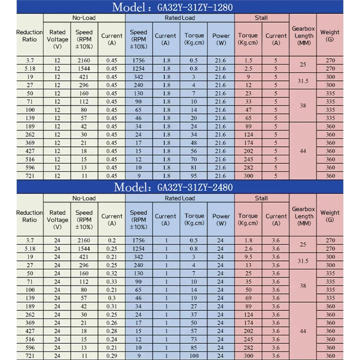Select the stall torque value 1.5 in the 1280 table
tap(248, 60)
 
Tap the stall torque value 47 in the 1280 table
tap(248, 110)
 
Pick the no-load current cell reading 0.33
tap(112, 282)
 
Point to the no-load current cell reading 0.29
tap(112, 356)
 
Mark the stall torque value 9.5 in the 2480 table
tap(248, 257)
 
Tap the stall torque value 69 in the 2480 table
tap(248, 298)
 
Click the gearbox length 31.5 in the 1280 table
tap(303, 81)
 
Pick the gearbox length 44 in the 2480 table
tap(303, 331)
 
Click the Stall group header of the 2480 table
tap(261, 198)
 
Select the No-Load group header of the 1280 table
tap(84, 18)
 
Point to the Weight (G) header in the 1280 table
tap(330, 36)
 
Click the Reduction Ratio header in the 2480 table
tap(30, 216)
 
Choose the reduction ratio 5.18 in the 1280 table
tap(30, 68)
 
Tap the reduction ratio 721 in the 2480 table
tap(30, 356)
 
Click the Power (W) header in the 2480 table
tap(220, 220)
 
